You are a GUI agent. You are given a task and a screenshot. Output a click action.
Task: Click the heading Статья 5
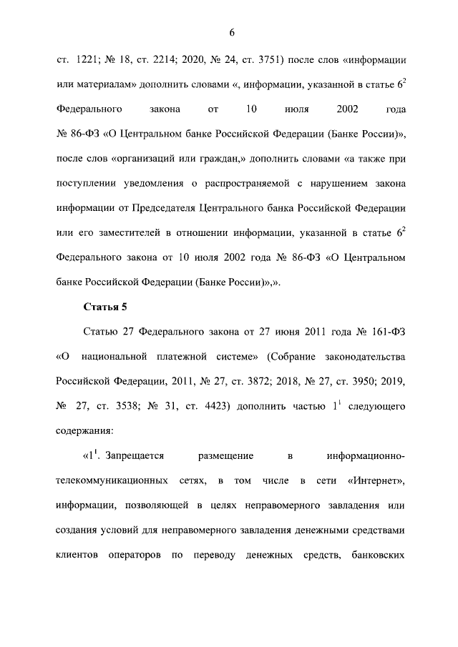click(x=107, y=307)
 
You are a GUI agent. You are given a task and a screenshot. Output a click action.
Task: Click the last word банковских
click(x=379, y=555)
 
